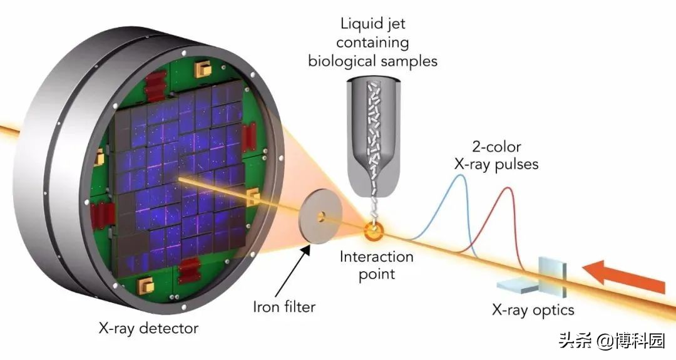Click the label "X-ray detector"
(x=148, y=329)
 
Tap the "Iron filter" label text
(x=284, y=307)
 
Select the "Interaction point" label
(x=376, y=265)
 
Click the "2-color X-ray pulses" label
(x=496, y=155)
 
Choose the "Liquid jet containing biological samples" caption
(x=373, y=42)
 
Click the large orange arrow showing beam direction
(x=624, y=277)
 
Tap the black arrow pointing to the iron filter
(x=292, y=269)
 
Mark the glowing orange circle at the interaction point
(x=373, y=232)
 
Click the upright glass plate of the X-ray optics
(x=552, y=276)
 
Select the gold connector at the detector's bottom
(x=146, y=284)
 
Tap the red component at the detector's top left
(x=155, y=86)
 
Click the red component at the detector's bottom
(x=190, y=270)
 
